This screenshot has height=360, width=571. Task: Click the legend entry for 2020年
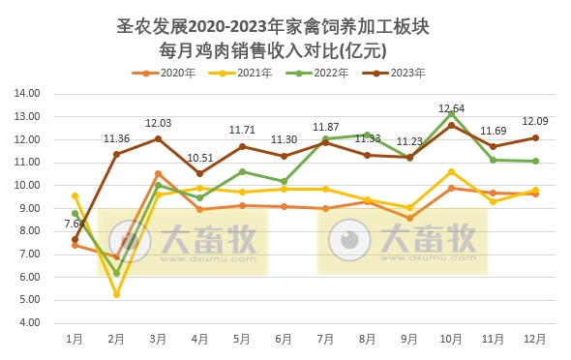pos(171,73)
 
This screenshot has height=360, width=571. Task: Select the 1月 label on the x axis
pos(75,339)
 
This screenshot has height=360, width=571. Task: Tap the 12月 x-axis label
pos(534,339)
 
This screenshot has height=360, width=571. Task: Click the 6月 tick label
pos(284,339)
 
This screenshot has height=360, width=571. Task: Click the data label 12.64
pos(452,108)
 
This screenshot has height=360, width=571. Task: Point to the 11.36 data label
pos(117,139)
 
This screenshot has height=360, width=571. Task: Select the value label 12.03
pos(159,124)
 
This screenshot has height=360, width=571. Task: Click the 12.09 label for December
pos(535,122)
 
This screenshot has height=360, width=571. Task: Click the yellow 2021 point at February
pos(116,294)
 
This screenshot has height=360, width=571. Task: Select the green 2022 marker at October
pos(451,113)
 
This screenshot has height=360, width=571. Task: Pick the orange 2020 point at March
pos(158,174)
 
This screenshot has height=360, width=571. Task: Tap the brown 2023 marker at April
pos(199,174)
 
